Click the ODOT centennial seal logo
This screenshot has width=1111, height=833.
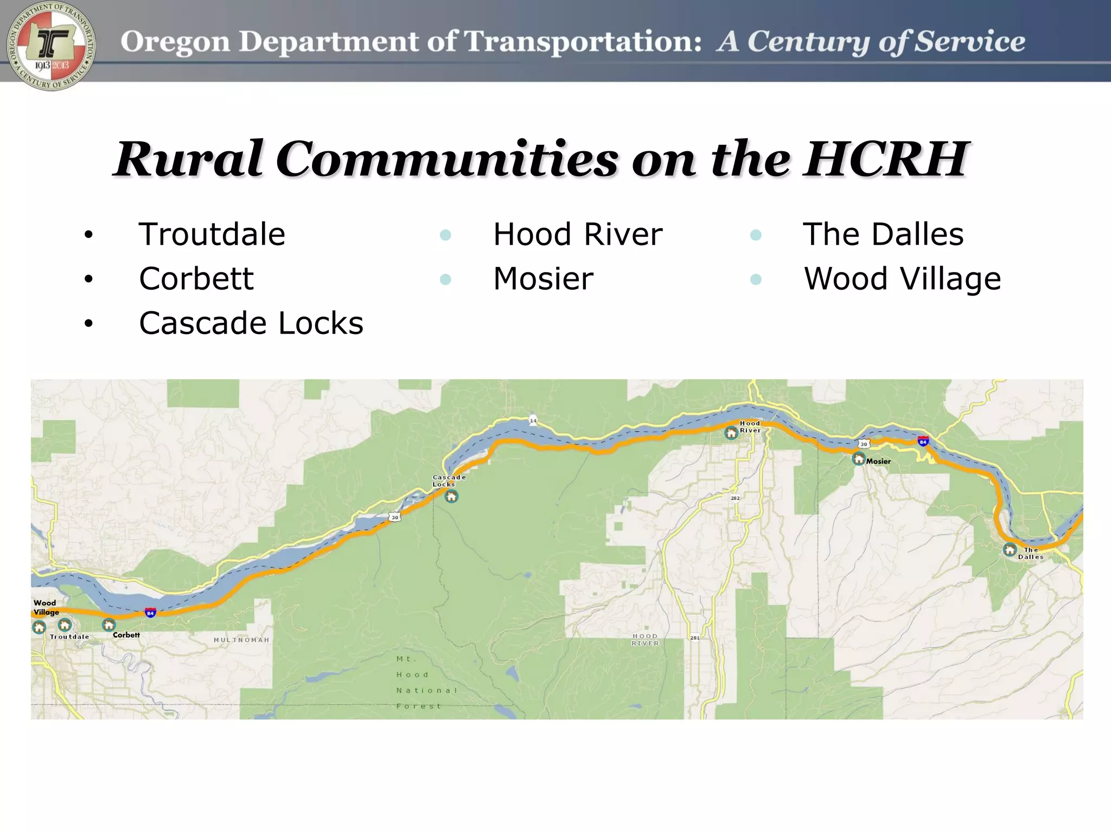pyautogui.click(x=52, y=46)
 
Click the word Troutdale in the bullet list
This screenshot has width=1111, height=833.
pyautogui.click(x=212, y=234)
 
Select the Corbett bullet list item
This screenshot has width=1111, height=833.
pyautogui.click(x=196, y=279)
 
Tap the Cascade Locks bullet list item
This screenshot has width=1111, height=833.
pyautogui.click(x=251, y=323)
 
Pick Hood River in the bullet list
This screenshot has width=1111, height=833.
pyautogui.click(x=577, y=234)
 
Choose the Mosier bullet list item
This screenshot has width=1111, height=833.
pyautogui.click(x=543, y=279)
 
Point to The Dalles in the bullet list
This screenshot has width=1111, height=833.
pyautogui.click(x=883, y=234)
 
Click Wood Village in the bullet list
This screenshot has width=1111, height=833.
pyautogui.click(x=902, y=279)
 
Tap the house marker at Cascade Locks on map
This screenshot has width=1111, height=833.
pyautogui.click(x=451, y=496)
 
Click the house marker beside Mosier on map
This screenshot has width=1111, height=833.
pyautogui.click(x=858, y=459)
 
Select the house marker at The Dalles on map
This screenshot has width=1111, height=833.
pyautogui.click(x=1010, y=550)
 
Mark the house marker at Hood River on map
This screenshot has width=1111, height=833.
pyautogui.click(x=731, y=433)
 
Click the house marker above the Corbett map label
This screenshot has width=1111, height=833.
pyautogui.click(x=109, y=625)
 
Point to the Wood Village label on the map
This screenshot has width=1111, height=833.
pyautogui.click(x=46, y=607)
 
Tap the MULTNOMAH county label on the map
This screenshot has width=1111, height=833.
pyautogui.click(x=241, y=640)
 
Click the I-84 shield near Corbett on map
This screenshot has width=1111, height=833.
pyautogui.click(x=151, y=613)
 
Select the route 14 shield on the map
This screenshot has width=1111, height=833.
pyautogui.click(x=533, y=420)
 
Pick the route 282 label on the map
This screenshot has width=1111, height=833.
pyautogui.click(x=735, y=498)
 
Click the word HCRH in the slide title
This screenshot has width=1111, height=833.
pyautogui.click(x=885, y=159)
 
